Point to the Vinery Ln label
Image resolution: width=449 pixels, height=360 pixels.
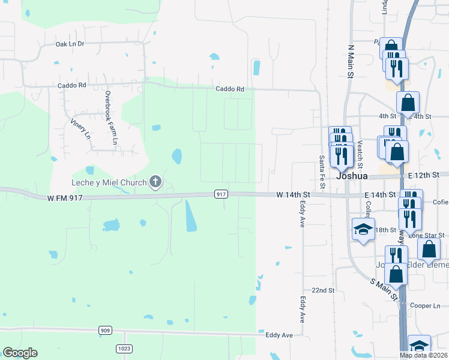[x=80, y=128]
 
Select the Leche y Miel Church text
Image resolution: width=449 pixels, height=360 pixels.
[x=107, y=182]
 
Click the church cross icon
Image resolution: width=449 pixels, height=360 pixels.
[x=155, y=181]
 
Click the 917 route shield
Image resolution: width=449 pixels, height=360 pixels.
[x=221, y=194]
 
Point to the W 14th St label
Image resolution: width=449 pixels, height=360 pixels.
[x=293, y=195]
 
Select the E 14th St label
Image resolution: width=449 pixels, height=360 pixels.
[x=380, y=196]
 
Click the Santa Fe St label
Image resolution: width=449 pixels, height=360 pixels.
[x=322, y=170]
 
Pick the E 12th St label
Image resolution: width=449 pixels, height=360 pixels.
[x=423, y=175]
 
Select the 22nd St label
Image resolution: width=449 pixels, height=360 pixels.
[x=322, y=290]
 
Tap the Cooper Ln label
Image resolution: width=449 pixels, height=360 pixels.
[x=425, y=305]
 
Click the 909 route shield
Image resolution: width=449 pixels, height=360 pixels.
[x=105, y=330]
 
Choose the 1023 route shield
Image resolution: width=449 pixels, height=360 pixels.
[x=124, y=347]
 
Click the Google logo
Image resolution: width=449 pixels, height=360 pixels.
[x=20, y=353]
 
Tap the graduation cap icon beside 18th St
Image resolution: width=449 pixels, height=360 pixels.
[x=363, y=228]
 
